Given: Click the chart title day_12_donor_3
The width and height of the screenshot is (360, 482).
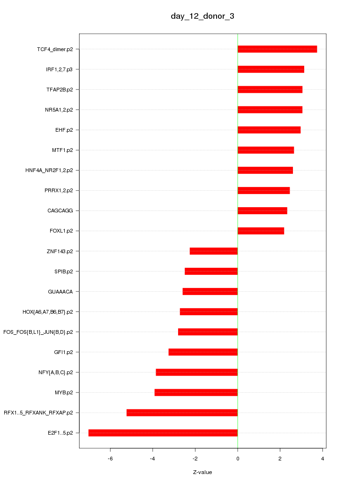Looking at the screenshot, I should click(x=202, y=16).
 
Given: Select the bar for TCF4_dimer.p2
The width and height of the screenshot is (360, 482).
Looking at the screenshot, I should click(x=277, y=49).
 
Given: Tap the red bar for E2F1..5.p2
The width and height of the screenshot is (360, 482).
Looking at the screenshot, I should click(x=163, y=433).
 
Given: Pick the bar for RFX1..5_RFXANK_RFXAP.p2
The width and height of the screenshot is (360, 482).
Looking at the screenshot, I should click(x=182, y=413).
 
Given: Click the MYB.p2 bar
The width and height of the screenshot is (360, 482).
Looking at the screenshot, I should click(x=196, y=392).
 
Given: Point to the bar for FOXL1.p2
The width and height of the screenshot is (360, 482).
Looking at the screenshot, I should click(x=261, y=231).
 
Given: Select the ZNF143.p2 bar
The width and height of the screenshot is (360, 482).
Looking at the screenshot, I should click(x=214, y=251).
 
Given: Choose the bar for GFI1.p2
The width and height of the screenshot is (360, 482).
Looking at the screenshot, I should click(x=203, y=352).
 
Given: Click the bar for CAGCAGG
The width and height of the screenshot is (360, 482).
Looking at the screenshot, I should click(x=262, y=211).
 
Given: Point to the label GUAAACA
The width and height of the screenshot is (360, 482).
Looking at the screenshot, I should click(x=60, y=292).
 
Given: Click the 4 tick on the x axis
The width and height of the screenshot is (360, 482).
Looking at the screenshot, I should click(x=322, y=459).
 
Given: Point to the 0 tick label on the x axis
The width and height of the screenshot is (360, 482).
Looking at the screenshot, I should click(x=238, y=459).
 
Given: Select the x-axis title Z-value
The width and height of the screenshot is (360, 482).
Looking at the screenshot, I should click(x=202, y=472).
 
